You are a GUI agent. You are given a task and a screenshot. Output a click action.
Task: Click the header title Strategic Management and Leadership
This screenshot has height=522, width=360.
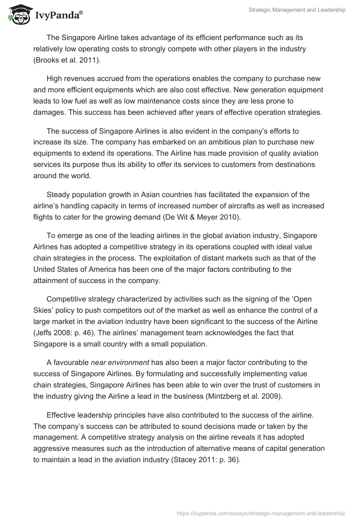pos(297,10)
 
